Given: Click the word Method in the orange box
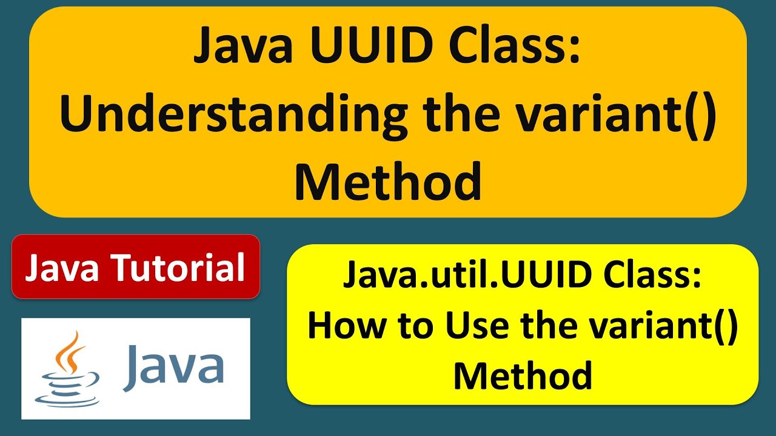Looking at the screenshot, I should click(388, 182).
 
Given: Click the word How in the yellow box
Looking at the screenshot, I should click(343, 328).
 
